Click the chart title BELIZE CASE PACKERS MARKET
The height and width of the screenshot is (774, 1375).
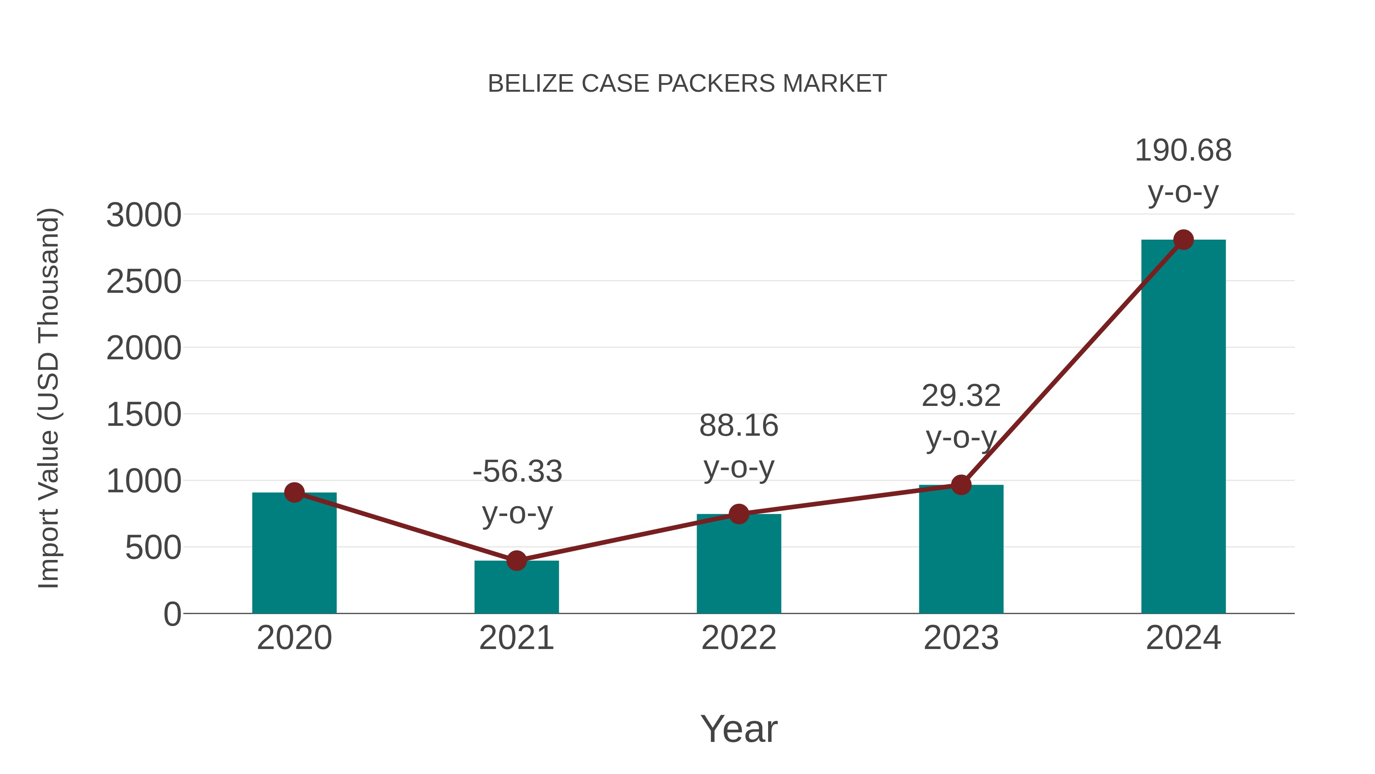click(687, 84)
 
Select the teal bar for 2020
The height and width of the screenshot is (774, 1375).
click(294, 555)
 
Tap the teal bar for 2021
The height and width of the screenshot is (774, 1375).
click(516, 587)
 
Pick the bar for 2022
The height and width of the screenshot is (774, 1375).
click(739, 566)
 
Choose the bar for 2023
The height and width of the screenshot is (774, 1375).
click(961, 550)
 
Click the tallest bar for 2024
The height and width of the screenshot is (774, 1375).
click(1183, 427)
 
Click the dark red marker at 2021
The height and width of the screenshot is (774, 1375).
click(516, 560)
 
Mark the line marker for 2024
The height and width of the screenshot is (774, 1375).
click(1183, 240)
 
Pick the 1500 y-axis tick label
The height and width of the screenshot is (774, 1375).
click(144, 415)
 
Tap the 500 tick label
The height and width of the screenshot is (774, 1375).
click(153, 548)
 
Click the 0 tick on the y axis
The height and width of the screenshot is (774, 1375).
click(172, 614)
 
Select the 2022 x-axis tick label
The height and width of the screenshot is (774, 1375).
click(739, 638)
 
